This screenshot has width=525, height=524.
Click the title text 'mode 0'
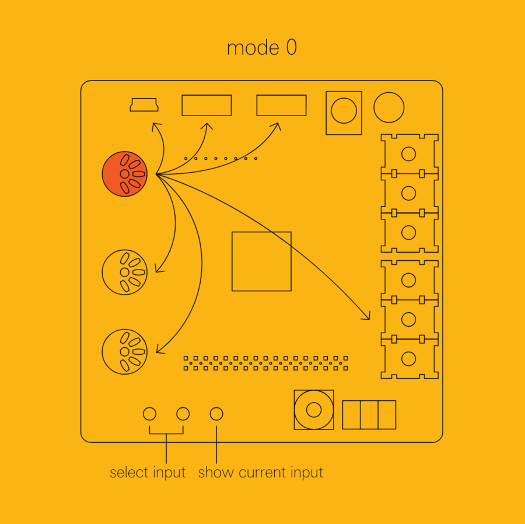point(262,48)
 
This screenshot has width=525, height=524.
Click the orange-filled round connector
point(125,174)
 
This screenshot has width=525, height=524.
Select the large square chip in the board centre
point(261,261)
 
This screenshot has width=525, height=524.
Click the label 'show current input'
point(260,473)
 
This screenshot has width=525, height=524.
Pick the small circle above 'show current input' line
point(216,414)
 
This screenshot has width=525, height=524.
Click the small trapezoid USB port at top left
point(144,105)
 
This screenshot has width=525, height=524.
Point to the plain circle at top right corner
point(388,107)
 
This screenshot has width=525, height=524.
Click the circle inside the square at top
point(344,110)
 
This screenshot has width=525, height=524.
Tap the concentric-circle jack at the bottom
point(314,410)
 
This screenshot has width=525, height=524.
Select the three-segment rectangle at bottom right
point(369,414)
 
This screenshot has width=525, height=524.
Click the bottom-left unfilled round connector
point(125,351)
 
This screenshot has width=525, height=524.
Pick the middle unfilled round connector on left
point(125,272)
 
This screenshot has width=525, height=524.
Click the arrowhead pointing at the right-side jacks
point(367,317)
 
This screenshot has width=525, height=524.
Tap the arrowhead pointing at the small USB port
point(155,125)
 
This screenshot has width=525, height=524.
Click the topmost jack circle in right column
point(409,154)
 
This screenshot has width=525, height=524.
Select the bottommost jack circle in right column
point(409,358)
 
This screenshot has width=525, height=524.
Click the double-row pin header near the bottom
point(266,363)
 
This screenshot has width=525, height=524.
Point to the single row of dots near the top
point(220,158)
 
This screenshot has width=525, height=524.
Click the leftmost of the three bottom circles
point(149,414)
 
